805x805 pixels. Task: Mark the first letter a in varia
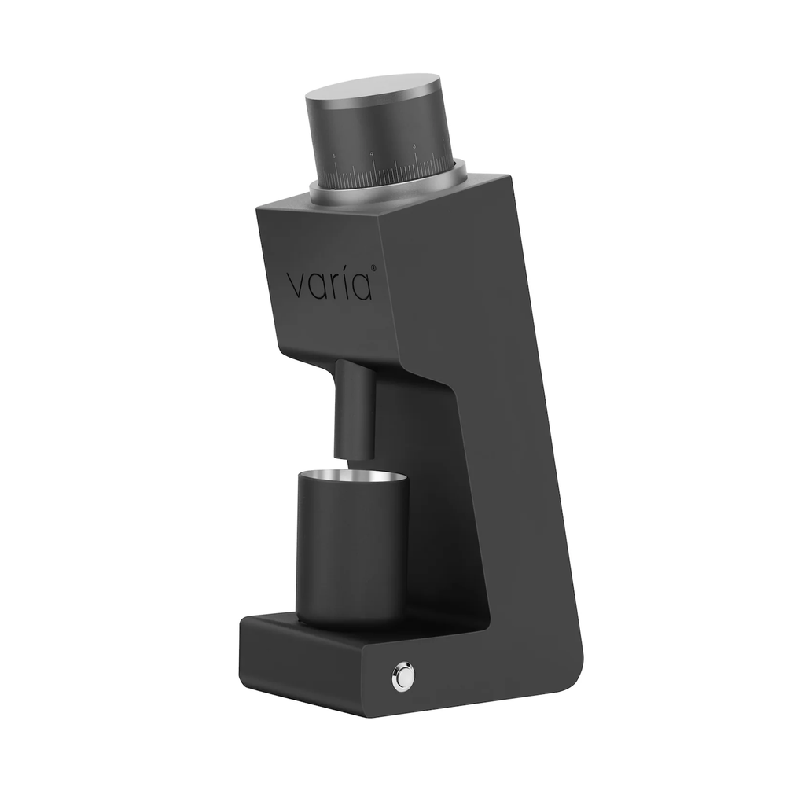tap(316, 286)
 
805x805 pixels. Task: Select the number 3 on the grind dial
tap(414, 146)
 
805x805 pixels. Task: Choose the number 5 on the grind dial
tap(333, 156)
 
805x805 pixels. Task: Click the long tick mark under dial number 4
tap(374, 173)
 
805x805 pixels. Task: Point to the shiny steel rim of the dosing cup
tap(353, 476)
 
